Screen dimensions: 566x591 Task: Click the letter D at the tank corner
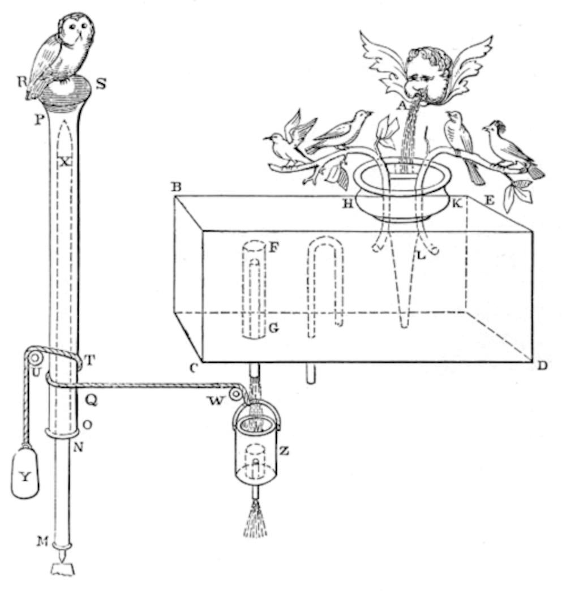pyautogui.click(x=542, y=365)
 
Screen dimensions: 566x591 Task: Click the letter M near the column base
pyautogui.click(x=42, y=542)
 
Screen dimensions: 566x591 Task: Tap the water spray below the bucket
pyautogui.click(x=255, y=517)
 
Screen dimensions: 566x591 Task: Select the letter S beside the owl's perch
pyautogui.click(x=100, y=84)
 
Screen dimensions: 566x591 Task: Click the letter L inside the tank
pyautogui.click(x=421, y=256)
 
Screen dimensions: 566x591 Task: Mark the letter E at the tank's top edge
pyautogui.click(x=489, y=200)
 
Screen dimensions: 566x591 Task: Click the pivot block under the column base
pyautogui.click(x=63, y=568)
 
